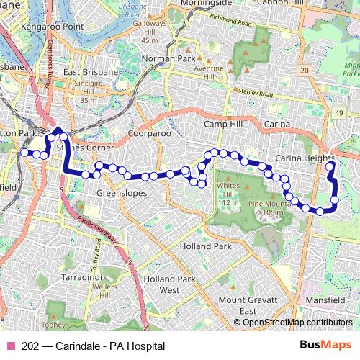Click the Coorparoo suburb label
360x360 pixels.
[147, 133]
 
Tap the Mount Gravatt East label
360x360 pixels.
[238, 305]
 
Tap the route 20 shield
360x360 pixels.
[305, 70]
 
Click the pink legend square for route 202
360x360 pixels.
[11, 346]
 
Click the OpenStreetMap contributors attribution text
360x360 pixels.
[298, 322]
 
